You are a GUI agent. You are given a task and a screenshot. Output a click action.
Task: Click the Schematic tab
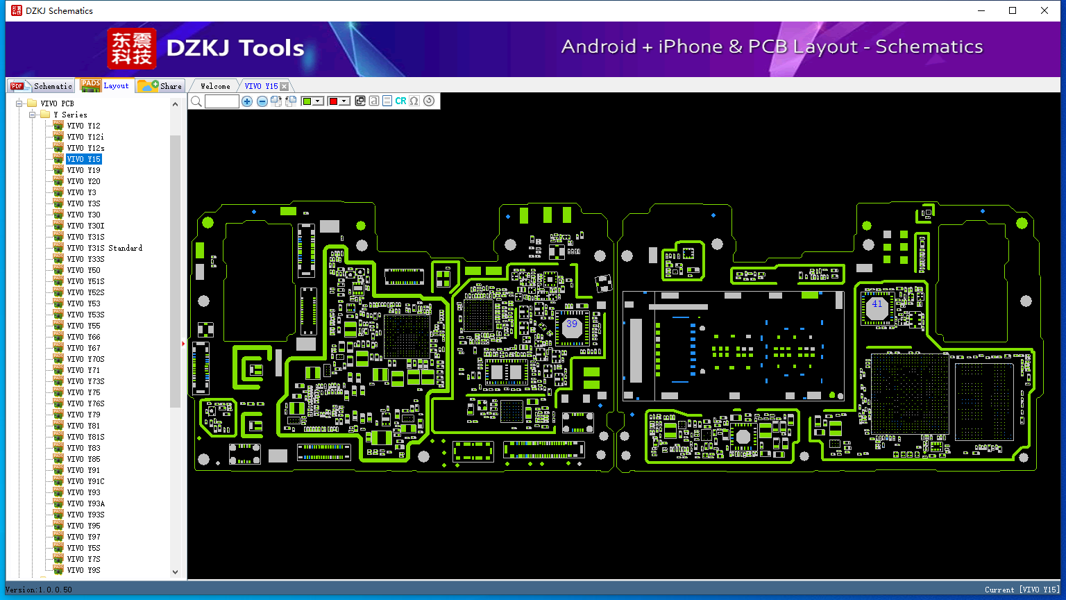pos(42,86)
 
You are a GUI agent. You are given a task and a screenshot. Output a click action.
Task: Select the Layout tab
pos(105,85)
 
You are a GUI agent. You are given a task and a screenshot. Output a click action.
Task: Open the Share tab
pos(160,86)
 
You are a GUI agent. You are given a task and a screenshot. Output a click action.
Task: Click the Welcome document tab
pos(215,86)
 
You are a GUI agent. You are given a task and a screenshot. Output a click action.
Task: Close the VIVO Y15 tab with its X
pos(284,86)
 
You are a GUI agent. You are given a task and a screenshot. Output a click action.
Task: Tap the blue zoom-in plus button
pos(246,101)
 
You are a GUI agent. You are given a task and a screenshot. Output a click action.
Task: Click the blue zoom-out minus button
pos(262,101)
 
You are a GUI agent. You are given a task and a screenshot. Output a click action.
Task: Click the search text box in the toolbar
pos(222,101)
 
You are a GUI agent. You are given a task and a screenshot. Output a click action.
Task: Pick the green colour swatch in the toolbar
pos(307,101)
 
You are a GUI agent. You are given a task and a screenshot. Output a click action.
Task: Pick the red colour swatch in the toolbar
pos(333,101)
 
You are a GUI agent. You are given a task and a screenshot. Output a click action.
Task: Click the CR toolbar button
pos(400,101)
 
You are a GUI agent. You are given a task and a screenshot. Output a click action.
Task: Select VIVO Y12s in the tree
pos(85,148)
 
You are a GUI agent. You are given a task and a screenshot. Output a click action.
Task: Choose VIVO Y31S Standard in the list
pos(105,248)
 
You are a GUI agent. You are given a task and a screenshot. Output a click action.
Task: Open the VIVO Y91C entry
pos(85,481)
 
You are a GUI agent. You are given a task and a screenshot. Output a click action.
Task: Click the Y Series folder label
pos(70,115)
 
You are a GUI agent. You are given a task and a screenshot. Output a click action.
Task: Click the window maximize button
pos(1013,10)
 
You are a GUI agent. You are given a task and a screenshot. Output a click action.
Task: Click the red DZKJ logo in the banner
pos(131,48)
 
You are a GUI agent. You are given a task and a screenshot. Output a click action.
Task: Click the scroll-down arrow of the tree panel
pos(175,572)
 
